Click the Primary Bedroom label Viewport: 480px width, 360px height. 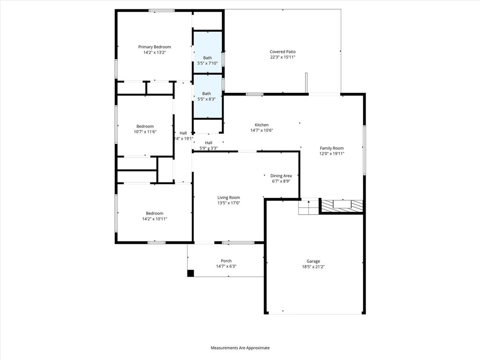[154, 47]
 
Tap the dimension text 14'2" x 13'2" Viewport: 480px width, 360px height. [154, 52]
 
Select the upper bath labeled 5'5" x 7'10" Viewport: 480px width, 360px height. [207, 60]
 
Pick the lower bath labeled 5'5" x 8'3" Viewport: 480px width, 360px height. [207, 96]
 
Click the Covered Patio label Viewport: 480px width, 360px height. [283, 52]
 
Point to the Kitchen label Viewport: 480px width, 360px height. [262, 125]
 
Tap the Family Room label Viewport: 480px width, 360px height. [332, 148]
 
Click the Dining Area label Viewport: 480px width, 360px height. [281, 176]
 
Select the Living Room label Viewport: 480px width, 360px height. [228, 197]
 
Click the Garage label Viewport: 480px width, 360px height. [314, 261]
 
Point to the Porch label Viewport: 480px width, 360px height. [226, 261]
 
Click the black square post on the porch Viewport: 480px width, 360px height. [190, 273]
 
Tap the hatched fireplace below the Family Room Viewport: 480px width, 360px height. [341, 206]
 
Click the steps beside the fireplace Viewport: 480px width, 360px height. [308, 207]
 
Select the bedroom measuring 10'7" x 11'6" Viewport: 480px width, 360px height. [145, 129]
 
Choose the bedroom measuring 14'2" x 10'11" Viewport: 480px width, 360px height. [154, 216]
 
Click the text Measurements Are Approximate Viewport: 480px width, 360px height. [240, 348]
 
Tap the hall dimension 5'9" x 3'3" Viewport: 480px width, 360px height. [209, 148]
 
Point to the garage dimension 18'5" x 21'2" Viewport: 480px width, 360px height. [314, 267]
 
